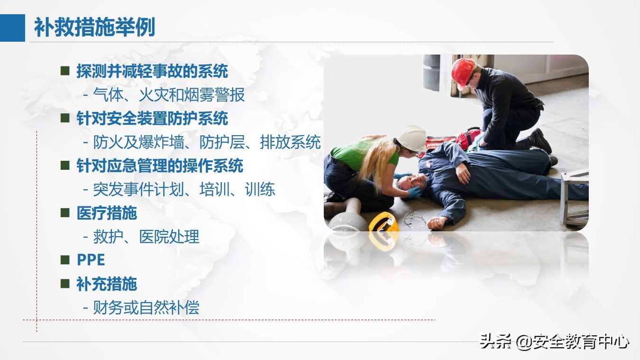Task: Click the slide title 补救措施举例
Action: click(94, 27)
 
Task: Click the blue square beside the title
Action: click(12, 28)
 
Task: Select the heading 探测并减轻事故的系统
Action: click(152, 71)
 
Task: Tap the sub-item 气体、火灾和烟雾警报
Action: click(169, 95)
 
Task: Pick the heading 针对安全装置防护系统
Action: click(152, 119)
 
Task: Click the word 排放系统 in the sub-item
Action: click(290, 142)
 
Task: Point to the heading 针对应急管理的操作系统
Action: click(160, 166)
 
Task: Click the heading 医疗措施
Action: click(107, 213)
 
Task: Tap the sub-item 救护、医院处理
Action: click(146, 237)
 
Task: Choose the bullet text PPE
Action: click(91, 260)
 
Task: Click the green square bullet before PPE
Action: click(65, 260)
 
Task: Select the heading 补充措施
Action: click(107, 284)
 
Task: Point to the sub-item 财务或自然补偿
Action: click(146, 308)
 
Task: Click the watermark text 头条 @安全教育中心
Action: click(554, 342)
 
